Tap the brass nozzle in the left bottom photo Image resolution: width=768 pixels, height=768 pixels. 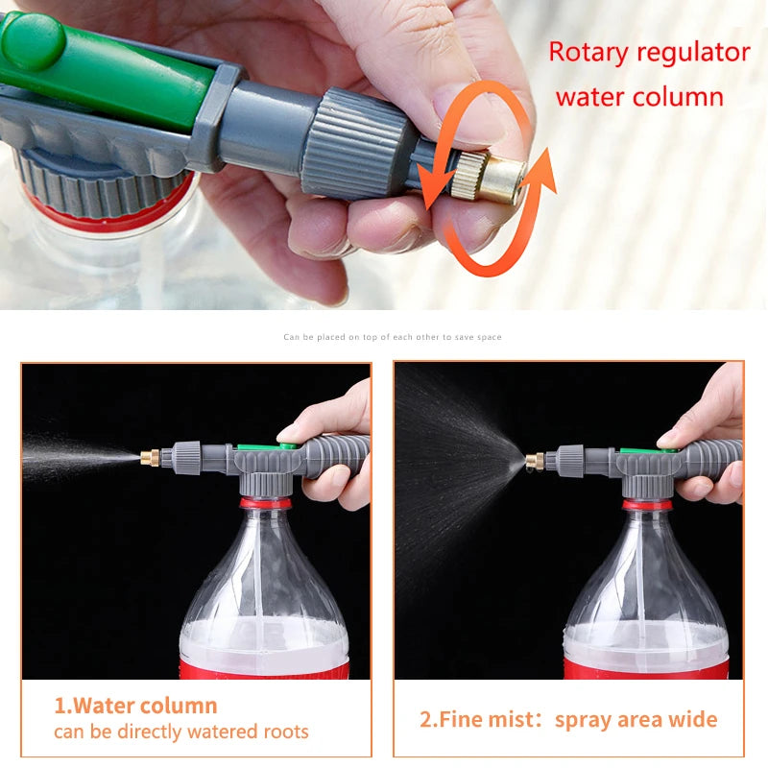coord(150,458)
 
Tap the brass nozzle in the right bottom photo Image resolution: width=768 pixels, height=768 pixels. coord(534,462)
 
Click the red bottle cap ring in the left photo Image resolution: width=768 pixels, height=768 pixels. coord(265,502)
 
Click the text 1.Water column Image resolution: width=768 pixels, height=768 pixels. coord(135,706)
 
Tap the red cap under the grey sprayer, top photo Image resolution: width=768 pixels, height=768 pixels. coord(106,206)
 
